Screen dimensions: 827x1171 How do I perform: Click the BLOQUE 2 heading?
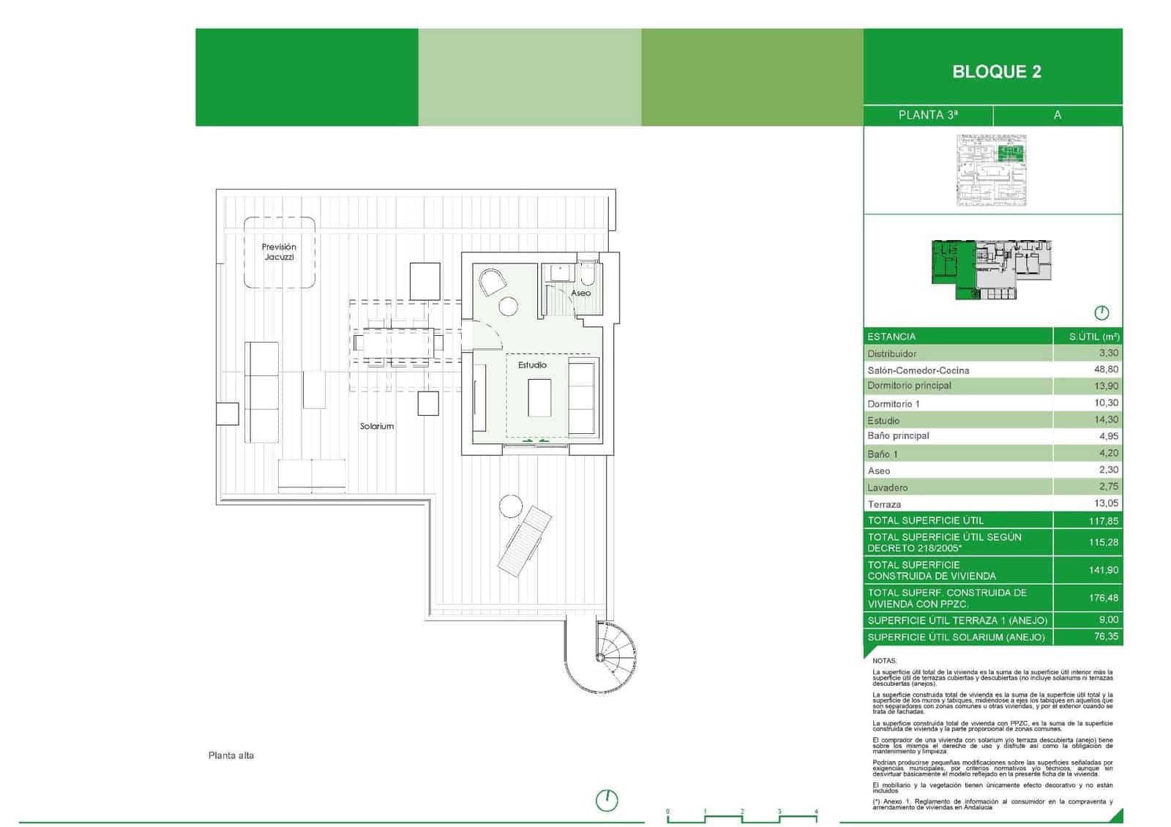pos(996,72)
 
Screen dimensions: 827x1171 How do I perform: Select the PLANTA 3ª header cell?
pos(927,115)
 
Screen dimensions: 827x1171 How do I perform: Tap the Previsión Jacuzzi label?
pos(279,252)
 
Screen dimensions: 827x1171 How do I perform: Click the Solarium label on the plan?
pos(376,426)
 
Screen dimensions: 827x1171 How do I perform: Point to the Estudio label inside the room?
pos(532,364)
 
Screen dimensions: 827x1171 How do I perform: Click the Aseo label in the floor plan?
pos(580,293)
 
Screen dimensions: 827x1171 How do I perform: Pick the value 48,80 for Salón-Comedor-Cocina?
pos(1104,370)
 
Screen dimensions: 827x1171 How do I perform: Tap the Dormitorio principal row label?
pos(909,386)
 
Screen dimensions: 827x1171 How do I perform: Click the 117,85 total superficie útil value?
pos(1103,521)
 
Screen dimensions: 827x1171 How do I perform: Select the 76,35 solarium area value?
pos(1105,637)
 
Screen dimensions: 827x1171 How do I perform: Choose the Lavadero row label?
pos(887,487)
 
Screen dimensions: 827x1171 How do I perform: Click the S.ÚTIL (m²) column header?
pos(1093,337)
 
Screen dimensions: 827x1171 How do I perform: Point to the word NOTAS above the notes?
pos(884,661)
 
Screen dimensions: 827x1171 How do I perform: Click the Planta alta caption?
pos(231,755)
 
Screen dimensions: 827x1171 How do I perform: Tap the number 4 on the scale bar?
pos(815,812)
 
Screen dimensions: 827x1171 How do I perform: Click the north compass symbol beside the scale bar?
pos(606,801)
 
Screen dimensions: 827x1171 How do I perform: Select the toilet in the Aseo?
pos(587,275)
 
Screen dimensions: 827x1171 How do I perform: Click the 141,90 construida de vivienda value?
pos(1103,570)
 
